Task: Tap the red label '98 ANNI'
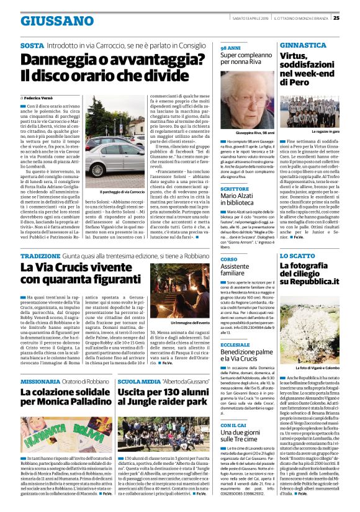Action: pos(230,47)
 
